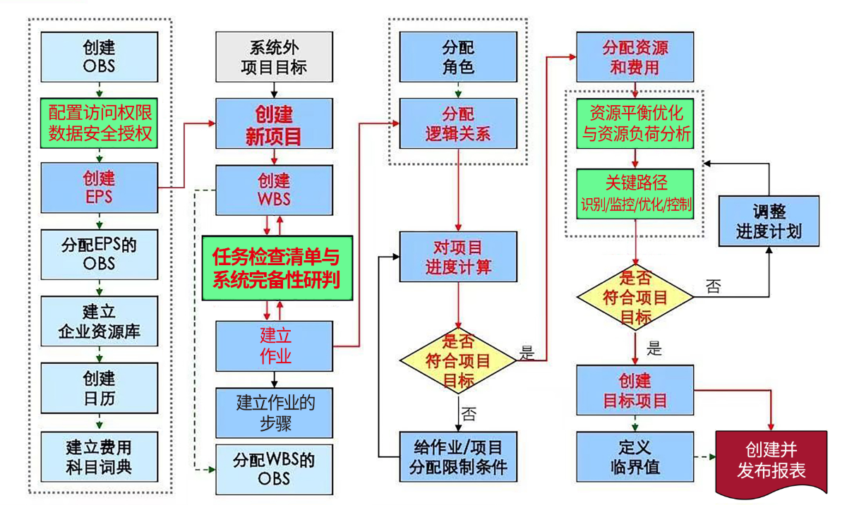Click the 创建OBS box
click(x=99, y=58)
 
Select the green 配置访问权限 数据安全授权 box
click(x=99, y=122)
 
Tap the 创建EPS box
click(x=99, y=188)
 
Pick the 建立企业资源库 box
click(x=99, y=322)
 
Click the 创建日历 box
click(x=99, y=388)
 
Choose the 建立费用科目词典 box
click(x=99, y=456)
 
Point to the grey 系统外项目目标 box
click(x=273, y=57)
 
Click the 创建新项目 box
click(x=273, y=126)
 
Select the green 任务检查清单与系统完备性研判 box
click(x=276, y=268)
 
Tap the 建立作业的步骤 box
click(x=275, y=413)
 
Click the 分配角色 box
click(x=458, y=58)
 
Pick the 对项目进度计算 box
click(x=458, y=257)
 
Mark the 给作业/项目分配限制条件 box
click(x=458, y=456)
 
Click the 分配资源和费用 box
click(x=635, y=58)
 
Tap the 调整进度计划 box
click(x=769, y=221)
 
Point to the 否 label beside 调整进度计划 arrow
click(x=714, y=287)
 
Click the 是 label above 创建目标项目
click(x=654, y=348)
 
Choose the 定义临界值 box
click(x=635, y=456)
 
